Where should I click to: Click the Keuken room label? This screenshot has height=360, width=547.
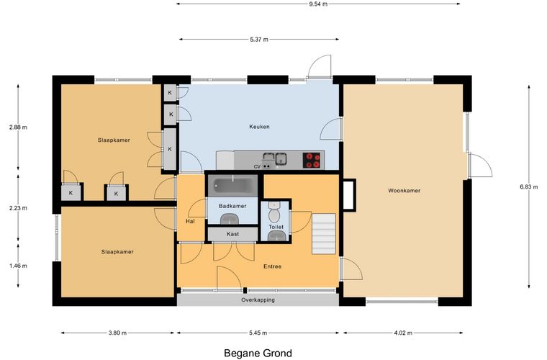tap(259, 127)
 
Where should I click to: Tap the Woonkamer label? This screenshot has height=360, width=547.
tap(404, 191)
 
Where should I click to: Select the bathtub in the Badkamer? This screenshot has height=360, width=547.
tap(233, 186)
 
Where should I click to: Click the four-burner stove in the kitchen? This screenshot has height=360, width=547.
tap(312, 161)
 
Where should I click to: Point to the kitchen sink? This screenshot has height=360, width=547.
tap(275, 159)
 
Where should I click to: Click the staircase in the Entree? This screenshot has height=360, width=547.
tap(324, 234)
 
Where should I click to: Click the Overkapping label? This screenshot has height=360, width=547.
tap(258, 300)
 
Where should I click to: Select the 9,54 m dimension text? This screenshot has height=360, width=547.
tap(318, 4)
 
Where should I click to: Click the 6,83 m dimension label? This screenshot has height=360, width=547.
tap(528, 186)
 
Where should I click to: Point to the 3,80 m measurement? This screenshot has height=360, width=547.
tap(117, 333)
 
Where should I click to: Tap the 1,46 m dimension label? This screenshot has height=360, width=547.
tap(18, 266)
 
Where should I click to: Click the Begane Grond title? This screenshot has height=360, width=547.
tap(258, 354)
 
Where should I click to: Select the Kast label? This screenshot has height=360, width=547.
tap(232, 234)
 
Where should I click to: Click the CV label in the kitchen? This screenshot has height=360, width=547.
tap(257, 167)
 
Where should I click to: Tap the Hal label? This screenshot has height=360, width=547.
tap(190, 221)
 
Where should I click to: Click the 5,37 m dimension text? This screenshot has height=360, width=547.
tap(259, 40)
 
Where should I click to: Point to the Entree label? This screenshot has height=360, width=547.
tap(273, 266)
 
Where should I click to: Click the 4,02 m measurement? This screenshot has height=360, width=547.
tap(403, 333)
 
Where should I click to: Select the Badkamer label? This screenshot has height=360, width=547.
tap(232, 206)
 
